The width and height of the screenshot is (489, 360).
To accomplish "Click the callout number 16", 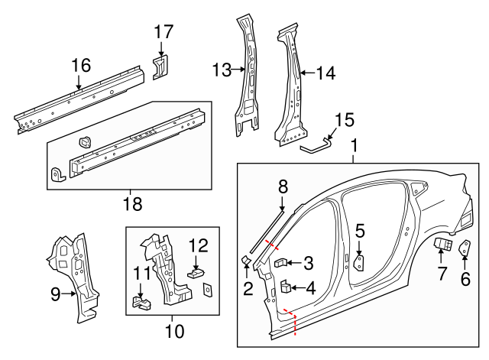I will pyautogui.click(x=81, y=66).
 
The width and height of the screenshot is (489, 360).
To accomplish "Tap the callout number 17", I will pyautogui.click(x=164, y=32).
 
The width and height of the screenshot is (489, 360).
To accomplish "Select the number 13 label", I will pyautogui.click(x=222, y=70).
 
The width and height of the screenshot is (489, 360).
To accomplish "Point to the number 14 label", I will pyautogui.click(x=325, y=73).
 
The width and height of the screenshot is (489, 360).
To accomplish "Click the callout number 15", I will pyautogui.click(x=345, y=120).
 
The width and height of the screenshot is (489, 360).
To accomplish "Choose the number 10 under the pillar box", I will pyautogui.click(x=174, y=332).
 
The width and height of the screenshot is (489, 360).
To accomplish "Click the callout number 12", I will pyautogui.click(x=198, y=245).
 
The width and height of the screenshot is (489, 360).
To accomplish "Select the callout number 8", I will pyautogui.click(x=282, y=185).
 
